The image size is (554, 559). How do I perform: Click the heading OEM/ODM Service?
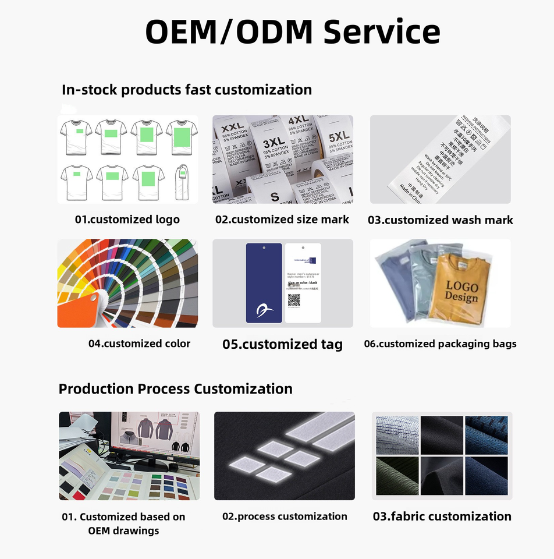pyautogui.click(x=292, y=31)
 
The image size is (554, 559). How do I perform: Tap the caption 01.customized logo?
pyautogui.click(x=127, y=220)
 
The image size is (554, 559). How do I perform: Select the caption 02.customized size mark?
pyautogui.click(x=282, y=220)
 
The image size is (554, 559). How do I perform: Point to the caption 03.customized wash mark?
pyautogui.click(x=440, y=220)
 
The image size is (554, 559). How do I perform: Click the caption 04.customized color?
pyautogui.click(x=139, y=344)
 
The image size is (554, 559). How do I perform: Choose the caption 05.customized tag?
pyautogui.click(x=282, y=344)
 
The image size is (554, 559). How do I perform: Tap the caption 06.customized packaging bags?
pyautogui.click(x=440, y=344)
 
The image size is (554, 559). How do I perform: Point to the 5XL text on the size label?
pyautogui.click(x=339, y=137)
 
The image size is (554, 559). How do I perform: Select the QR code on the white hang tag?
pyautogui.click(x=294, y=300)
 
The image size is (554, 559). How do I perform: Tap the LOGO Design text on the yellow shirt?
pyautogui.click(x=461, y=291)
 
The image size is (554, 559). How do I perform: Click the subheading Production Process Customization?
pyautogui.click(x=175, y=388)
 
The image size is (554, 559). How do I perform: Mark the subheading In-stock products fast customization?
pyautogui.click(x=187, y=90)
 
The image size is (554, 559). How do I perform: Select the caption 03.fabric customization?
pyautogui.click(x=442, y=516)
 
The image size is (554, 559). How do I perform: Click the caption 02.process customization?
pyautogui.click(x=285, y=516)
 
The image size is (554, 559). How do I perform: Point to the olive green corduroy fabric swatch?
pyautogui.click(x=397, y=476)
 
